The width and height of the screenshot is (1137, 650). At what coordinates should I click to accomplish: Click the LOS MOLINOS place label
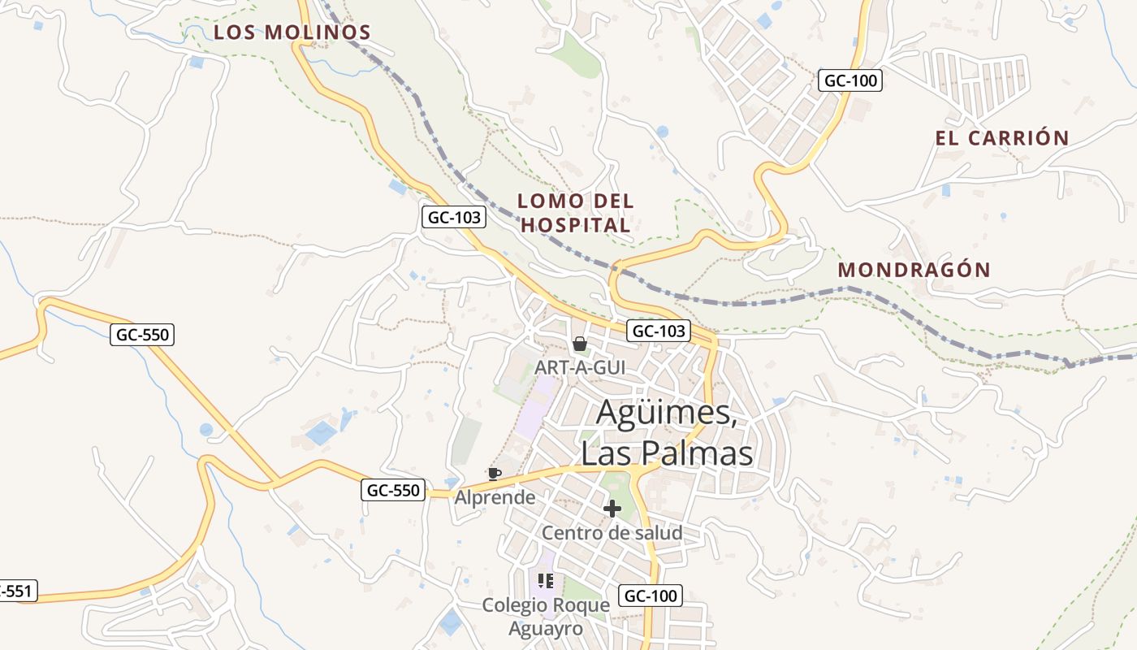click(292, 32)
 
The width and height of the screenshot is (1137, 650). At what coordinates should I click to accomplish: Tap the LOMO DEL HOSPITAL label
click(576, 213)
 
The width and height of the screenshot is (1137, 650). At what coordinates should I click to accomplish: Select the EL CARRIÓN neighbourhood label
click(1001, 138)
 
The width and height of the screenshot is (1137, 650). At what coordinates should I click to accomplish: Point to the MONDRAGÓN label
click(914, 270)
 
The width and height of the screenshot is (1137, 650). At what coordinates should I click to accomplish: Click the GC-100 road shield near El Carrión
click(850, 80)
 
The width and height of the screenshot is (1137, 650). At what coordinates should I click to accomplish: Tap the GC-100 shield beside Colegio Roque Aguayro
click(650, 596)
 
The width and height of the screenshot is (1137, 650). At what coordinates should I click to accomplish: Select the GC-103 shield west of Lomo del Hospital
click(454, 217)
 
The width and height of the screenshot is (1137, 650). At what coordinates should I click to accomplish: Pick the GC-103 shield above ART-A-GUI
click(658, 331)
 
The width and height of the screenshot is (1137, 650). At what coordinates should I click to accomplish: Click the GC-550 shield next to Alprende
click(393, 490)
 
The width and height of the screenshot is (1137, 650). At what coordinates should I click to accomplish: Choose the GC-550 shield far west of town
click(142, 334)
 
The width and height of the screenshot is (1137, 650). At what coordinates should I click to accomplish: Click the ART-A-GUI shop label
click(580, 367)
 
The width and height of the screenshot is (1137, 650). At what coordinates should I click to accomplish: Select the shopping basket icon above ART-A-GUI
click(580, 344)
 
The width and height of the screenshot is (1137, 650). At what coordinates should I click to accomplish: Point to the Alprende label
click(495, 496)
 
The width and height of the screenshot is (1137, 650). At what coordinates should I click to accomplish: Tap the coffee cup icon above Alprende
click(494, 474)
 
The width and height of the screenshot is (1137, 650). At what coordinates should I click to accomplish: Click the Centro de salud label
click(612, 533)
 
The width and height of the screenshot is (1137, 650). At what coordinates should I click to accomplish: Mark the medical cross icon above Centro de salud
click(612, 509)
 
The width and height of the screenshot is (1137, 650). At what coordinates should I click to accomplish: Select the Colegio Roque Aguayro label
click(546, 617)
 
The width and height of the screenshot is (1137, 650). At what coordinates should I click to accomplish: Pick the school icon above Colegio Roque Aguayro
click(546, 580)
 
